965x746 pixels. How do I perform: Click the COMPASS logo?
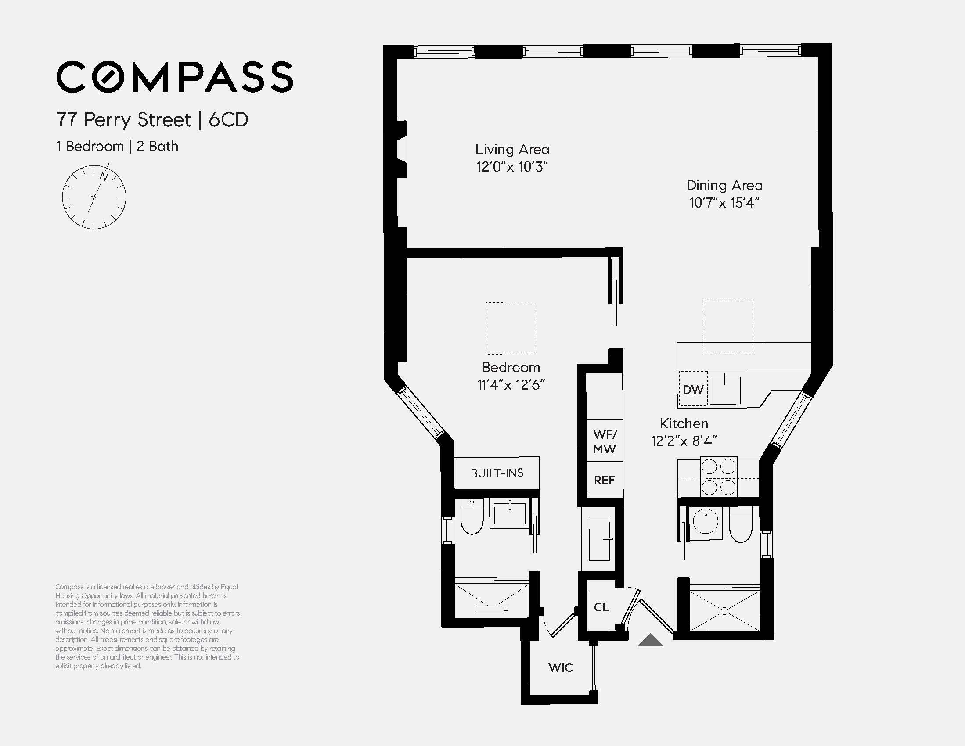175,77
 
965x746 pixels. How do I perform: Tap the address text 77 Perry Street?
123,120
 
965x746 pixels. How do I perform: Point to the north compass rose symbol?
94,197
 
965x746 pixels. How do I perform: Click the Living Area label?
512,149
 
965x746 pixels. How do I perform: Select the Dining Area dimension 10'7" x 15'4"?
724,203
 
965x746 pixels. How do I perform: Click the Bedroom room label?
511,367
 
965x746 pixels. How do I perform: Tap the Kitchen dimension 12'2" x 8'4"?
684,441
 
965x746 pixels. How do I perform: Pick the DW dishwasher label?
693,390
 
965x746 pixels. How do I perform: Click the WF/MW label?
605,441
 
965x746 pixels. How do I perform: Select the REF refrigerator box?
604,480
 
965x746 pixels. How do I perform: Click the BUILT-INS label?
497,473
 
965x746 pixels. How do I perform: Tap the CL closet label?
601,607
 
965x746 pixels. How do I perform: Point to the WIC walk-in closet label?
560,667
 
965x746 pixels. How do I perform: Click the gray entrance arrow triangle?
650,640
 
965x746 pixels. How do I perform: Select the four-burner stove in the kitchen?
718,477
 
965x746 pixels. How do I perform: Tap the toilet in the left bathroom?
472,518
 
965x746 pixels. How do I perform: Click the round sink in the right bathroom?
706,521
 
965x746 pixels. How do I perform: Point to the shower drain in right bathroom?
725,611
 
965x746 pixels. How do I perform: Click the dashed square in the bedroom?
511,328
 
